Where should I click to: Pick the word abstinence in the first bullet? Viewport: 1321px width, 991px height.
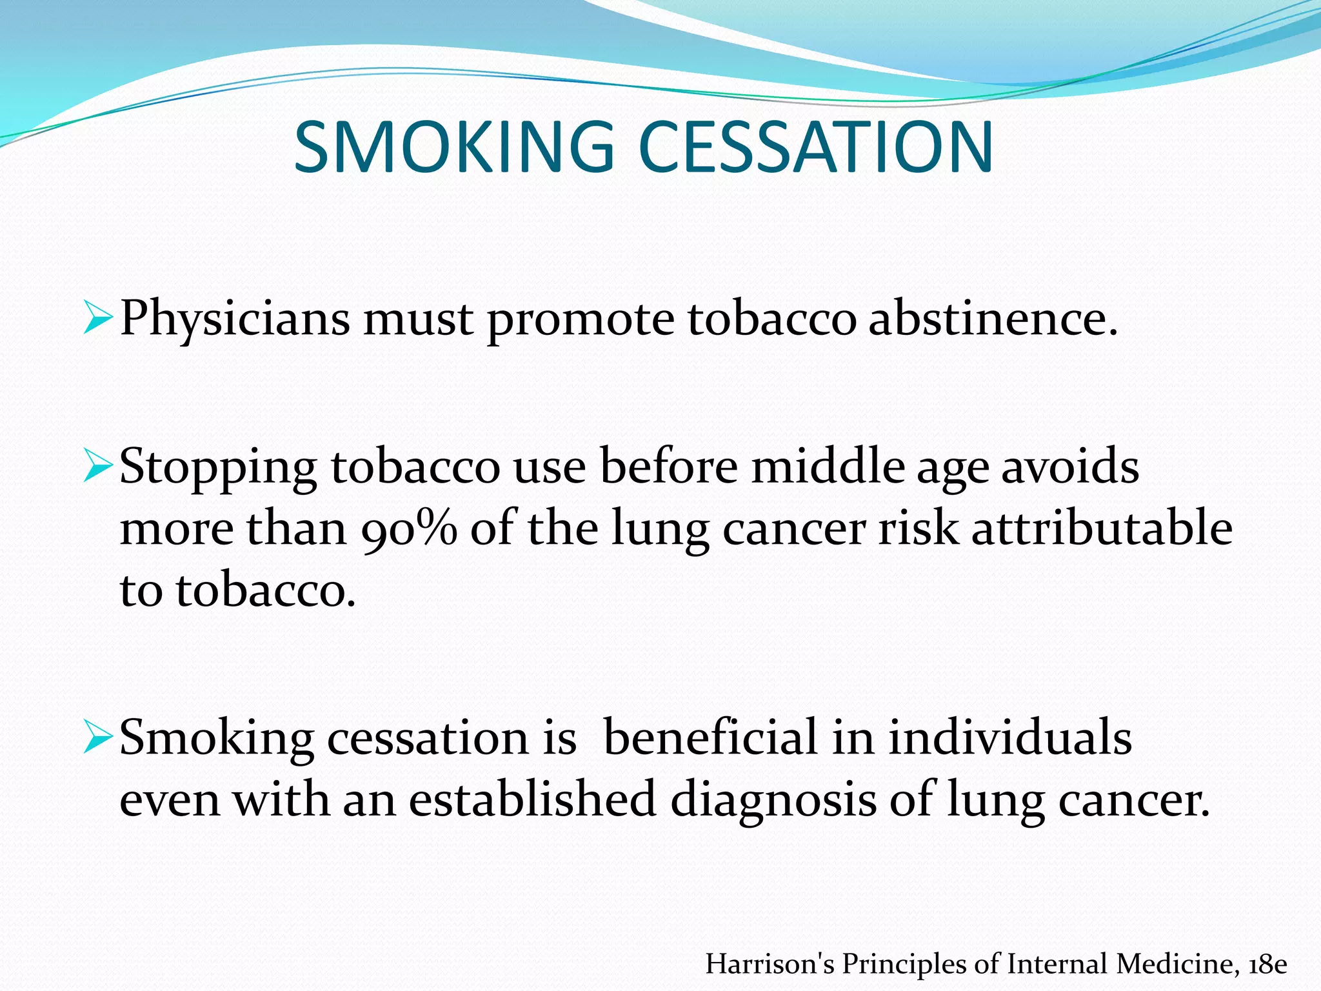pyautogui.click(x=993, y=318)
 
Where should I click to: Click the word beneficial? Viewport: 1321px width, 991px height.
pyautogui.click(x=710, y=737)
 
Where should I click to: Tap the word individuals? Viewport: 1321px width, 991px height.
pyautogui.click(x=1010, y=737)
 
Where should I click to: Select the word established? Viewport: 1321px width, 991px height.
pyautogui.click(x=533, y=799)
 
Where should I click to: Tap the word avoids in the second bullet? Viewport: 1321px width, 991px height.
pyautogui.click(x=1070, y=466)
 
